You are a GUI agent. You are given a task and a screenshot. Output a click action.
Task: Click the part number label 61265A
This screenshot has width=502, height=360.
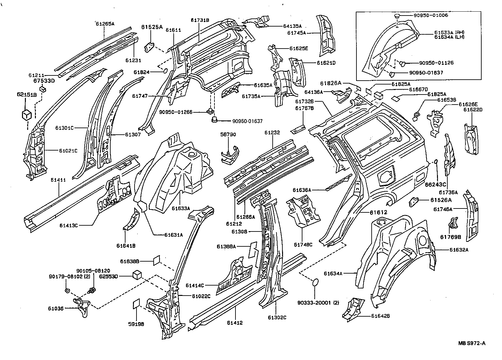coord(105,23)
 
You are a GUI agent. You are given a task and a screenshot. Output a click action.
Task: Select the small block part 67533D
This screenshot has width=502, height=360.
coord(42,89)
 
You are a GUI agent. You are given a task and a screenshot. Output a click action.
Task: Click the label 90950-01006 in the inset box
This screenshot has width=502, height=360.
coord(430,15)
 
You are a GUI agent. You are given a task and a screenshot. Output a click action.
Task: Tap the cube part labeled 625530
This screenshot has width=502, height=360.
coord(138,275)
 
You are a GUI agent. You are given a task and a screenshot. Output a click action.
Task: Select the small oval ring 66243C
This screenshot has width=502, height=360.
coord(436,162)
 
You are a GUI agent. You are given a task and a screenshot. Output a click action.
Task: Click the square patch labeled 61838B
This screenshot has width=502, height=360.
coord(157,260)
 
